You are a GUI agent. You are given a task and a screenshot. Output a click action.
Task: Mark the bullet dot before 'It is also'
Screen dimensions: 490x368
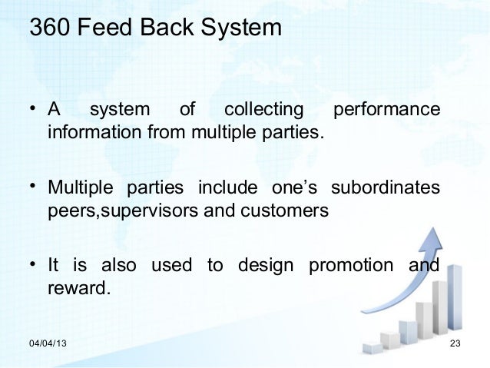click(34, 265)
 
